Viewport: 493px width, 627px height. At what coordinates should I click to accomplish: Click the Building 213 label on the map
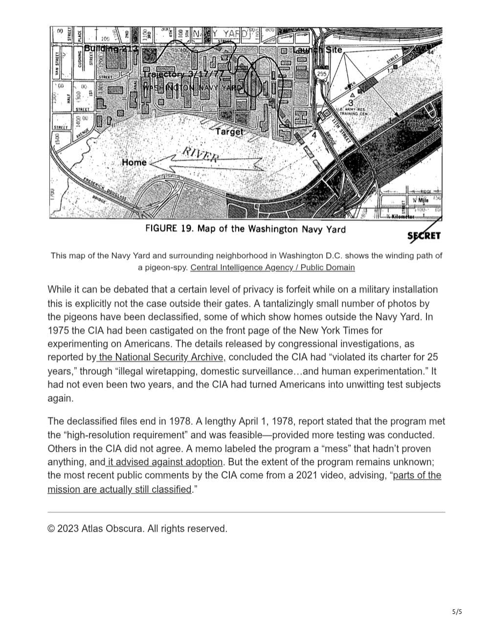[x=112, y=48]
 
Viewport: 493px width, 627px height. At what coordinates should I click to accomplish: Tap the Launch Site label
[x=318, y=50]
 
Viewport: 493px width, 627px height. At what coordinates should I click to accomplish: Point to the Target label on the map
[x=229, y=132]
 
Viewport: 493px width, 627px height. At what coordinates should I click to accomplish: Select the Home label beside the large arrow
[x=134, y=162]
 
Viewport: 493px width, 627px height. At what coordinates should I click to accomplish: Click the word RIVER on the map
[x=201, y=154]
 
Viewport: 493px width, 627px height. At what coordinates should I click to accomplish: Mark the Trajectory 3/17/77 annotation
[x=184, y=74]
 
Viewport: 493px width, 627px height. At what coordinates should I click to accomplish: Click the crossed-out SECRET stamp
[x=424, y=236]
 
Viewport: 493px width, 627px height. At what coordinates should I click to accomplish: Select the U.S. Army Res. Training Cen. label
[x=351, y=112]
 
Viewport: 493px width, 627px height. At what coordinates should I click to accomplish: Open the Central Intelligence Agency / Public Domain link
[x=272, y=267]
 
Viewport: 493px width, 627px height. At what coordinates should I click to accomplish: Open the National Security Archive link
[x=161, y=357]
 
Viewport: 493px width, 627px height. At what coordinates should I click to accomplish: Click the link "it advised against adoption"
[x=164, y=462]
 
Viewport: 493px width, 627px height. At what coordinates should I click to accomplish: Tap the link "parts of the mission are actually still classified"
[x=245, y=482]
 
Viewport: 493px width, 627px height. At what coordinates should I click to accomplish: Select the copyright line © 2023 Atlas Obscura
[x=137, y=529]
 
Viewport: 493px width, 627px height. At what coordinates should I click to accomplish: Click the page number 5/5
[x=457, y=611]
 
